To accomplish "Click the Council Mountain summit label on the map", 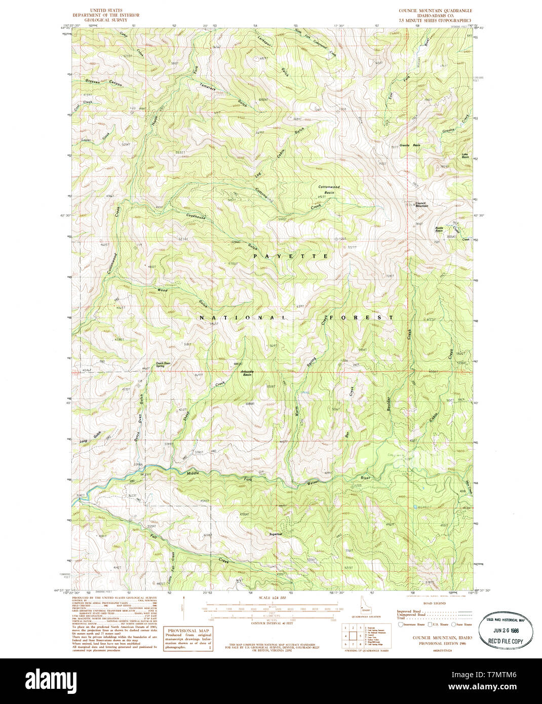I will click(x=421, y=204).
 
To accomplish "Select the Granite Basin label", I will click(x=410, y=145).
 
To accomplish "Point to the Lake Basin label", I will click(x=465, y=155).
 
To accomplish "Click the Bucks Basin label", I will click(x=439, y=229).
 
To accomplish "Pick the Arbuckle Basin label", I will click(x=247, y=373).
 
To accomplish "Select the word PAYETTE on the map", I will click(x=291, y=257).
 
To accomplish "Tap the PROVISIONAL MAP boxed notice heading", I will click(x=188, y=630).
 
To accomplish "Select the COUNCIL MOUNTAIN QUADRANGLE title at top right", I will click(x=435, y=10).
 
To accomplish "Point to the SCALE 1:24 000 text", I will click(x=273, y=598).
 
